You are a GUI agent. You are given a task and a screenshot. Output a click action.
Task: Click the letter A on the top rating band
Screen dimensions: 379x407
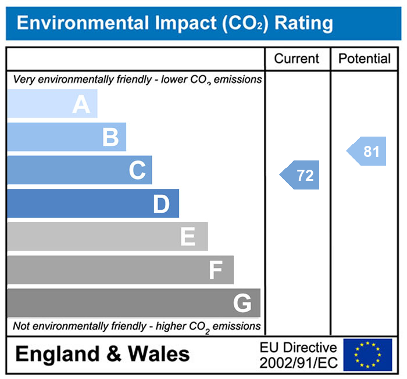coord(81,105)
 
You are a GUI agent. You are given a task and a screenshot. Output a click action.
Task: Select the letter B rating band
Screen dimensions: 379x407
coord(67,138)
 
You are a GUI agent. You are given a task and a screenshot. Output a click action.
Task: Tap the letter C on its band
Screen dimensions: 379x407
coord(137,171)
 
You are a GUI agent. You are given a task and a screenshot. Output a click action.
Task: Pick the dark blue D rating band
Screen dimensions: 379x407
coord(93,204)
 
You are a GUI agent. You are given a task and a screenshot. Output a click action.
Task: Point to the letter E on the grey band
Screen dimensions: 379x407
coord(187,237)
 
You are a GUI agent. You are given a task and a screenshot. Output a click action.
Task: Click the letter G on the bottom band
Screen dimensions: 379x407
coord(242,303)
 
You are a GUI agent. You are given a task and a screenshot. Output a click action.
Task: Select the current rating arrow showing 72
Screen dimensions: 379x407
coord(301,175)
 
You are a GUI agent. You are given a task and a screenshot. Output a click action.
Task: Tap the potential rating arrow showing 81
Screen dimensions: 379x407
coord(367,152)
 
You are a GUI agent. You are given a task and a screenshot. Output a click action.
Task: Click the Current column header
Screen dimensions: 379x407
coord(297,59)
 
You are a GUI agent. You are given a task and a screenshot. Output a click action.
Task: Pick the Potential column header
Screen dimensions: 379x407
coord(365,59)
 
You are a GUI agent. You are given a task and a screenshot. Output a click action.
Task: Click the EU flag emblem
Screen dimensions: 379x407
coord(367,354)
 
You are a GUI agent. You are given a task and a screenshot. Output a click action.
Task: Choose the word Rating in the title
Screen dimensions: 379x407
coord(304,23)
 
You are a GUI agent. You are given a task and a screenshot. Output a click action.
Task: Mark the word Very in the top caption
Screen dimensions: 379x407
coord(23,79)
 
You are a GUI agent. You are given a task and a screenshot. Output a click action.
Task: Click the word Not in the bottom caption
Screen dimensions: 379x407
coord(22,326)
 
